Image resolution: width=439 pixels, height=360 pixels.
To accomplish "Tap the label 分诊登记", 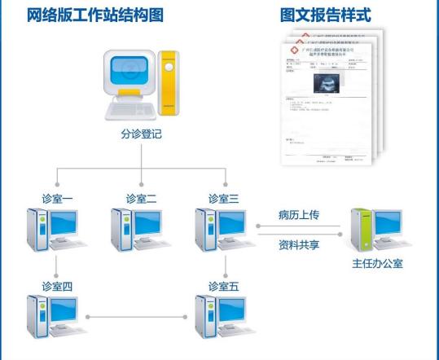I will pos(141,134).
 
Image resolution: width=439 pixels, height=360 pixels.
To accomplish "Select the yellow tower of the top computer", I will pos(169,86).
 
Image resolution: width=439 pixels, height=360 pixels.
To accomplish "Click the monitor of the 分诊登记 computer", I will pos(128,79).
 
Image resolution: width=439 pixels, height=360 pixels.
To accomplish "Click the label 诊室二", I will pos(142,198).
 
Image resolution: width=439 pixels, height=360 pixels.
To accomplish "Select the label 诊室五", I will pos(224,286).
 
